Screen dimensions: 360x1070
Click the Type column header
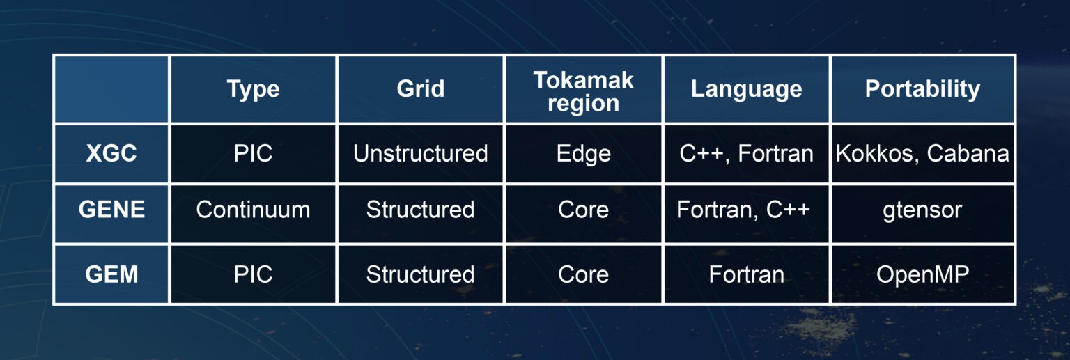click(x=253, y=89)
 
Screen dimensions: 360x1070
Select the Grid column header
click(x=420, y=89)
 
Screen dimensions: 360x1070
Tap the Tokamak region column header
click(x=583, y=91)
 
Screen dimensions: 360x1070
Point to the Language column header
click(x=746, y=89)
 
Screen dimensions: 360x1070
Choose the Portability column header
click(x=922, y=89)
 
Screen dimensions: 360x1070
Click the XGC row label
click(x=111, y=153)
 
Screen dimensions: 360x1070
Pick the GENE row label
click(x=111, y=210)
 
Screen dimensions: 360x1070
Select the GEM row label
click(x=111, y=274)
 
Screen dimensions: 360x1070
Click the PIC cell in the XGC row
click(x=253, y=153)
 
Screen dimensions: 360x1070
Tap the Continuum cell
click(x=253, y=210)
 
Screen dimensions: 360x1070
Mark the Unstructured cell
click(x=420, y=153)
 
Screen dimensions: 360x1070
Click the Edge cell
click(x=583, y=153)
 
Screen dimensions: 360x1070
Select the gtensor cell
click(x=922, y=210)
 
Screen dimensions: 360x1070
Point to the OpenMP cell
click(x=922, y=274)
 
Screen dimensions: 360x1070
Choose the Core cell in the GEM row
click(x=583, y=274)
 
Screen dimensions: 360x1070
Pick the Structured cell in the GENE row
click(x=420, y=210)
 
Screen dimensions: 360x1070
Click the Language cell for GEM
click(x=746, y=274)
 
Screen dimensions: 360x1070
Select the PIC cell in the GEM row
click(x=253, y=274)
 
